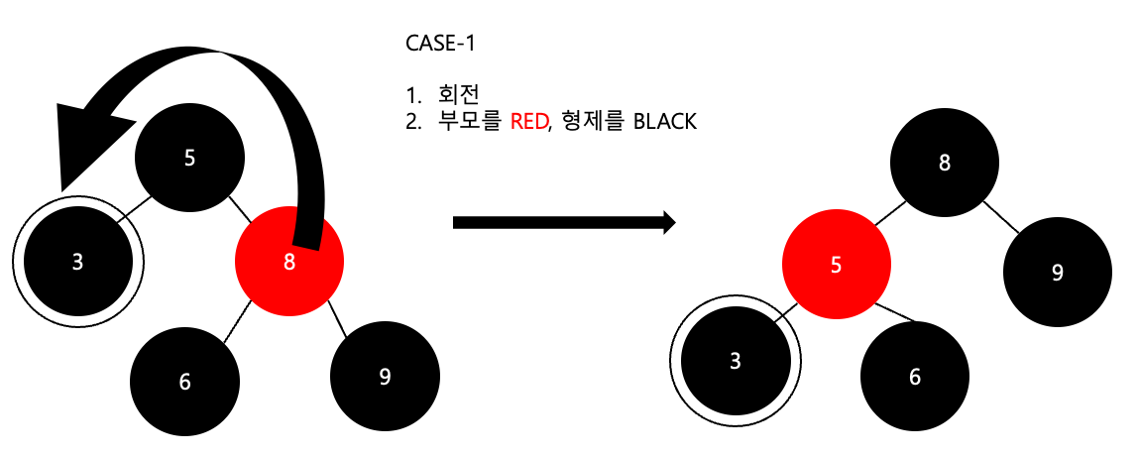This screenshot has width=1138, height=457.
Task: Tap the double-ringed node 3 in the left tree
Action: [x=78, y=263]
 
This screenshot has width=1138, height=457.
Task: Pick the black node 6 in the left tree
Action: [x=185, y=381]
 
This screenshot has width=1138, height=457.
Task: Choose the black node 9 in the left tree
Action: [x=385, y=377]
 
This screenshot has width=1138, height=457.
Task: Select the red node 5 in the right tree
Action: [x=836, y=265]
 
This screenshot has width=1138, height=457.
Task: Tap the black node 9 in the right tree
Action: [x=1058, y=273]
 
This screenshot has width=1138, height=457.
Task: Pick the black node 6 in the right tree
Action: [x=914, y=377]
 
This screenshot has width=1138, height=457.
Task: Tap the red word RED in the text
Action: [x=528, y=123]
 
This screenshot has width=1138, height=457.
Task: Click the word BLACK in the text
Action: [x=666, y=123]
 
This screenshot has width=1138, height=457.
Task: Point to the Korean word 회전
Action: [x=458, y=95]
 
